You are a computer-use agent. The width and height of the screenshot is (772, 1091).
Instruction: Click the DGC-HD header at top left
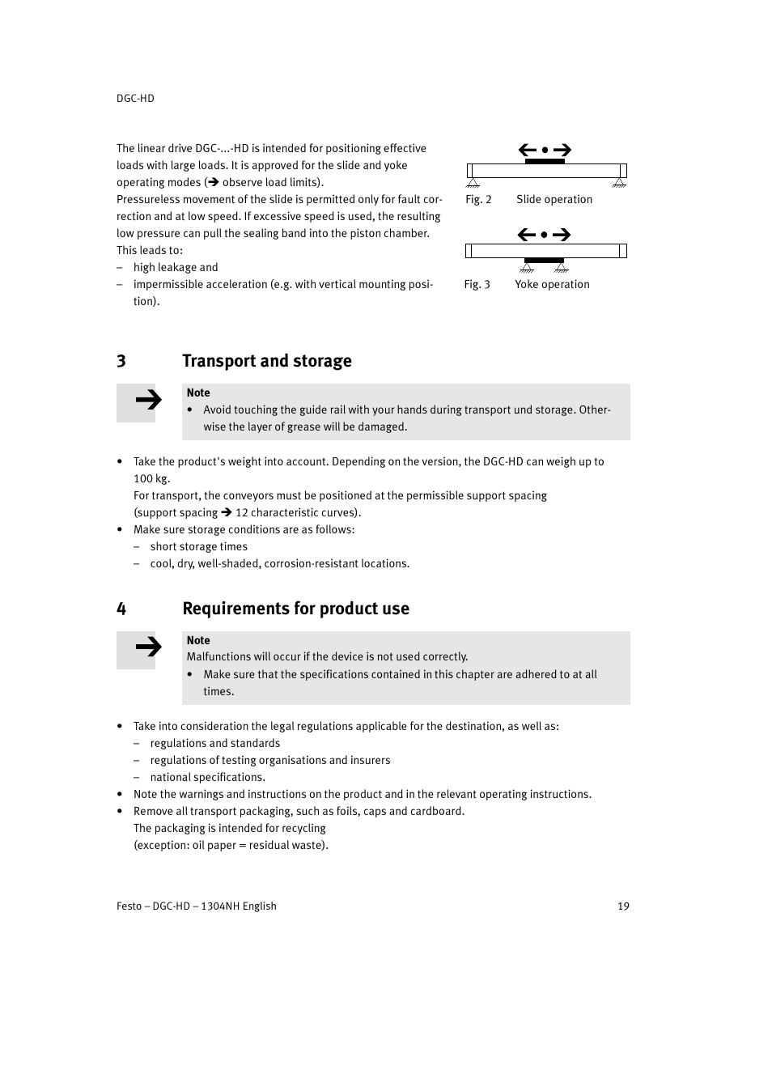pos(135,98)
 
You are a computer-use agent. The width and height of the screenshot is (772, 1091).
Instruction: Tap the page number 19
pos(623,906)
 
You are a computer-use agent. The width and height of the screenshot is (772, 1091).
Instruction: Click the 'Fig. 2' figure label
pos(478,199)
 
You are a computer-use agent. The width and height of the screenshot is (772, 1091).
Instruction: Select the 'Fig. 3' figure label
pos(477,284)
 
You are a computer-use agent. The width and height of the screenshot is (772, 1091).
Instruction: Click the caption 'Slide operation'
pos(554,199)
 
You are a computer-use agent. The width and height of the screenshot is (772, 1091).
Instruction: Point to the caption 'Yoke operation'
pos(552,284)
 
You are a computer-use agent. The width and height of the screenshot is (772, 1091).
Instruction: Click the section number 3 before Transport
pos(121,361)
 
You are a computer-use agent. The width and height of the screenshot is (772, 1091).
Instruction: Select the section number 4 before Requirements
pos(121,609)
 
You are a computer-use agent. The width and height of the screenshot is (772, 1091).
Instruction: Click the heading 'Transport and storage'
pos(266,361)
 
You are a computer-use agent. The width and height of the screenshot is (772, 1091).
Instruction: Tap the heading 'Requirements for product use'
pos(295,609)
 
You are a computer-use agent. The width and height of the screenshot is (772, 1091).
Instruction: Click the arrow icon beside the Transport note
pos(147,400)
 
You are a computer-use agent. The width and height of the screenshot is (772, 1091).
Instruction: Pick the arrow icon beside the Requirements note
pos(147,647)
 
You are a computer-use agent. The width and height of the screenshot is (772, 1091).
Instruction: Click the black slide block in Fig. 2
pos(545,161)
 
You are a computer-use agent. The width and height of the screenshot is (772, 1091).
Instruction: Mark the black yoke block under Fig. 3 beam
pos(544,261)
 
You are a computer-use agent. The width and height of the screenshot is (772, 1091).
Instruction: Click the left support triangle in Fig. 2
pos(473,183)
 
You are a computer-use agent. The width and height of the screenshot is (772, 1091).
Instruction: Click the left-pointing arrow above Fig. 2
pos(528,150)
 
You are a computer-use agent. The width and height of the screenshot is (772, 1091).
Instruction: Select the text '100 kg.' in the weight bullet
pos(151,478)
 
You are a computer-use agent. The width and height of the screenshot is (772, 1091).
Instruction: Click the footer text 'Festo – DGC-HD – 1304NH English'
pos(197,906)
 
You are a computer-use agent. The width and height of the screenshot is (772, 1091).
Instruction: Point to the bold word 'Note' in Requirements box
pos(198,640)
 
